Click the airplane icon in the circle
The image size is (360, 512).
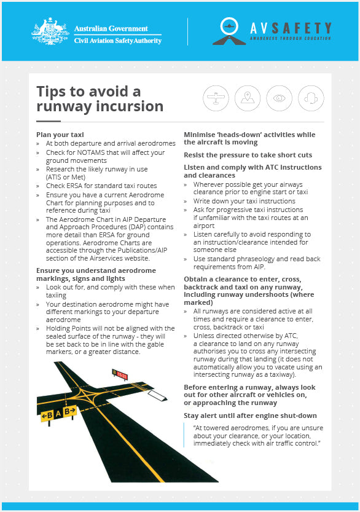point(216,98)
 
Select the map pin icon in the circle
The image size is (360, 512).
point(248,98)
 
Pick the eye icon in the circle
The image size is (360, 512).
point(279,98)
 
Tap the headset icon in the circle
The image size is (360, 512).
point(311,98)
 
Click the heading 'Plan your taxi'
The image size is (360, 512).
point(60,135)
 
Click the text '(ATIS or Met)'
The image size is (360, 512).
point(66,177)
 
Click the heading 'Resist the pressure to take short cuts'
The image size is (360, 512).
point(248,155)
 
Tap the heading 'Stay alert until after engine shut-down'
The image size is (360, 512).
point(250,416)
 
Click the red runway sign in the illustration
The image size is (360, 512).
point(120,374)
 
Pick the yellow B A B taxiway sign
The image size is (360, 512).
point(58,414)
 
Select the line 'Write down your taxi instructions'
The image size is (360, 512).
point(244,201)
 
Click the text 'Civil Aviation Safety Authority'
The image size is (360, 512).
point(118,41)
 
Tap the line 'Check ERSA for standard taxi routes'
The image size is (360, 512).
point(101,186)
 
